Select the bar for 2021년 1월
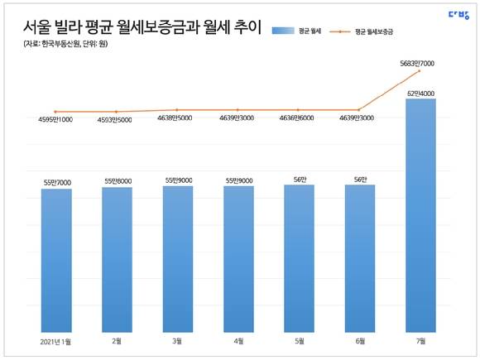point(56,260)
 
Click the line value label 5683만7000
point(421,62)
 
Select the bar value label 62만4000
point(421,92)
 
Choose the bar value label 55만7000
point(56,181)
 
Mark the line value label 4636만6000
point(299,119)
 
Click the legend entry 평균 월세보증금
point(372,31)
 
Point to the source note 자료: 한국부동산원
point(66,44)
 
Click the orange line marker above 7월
point(420,71)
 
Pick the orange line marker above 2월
point(117,112)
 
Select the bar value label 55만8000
point(117,180)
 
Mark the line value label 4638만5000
point(177,119)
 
